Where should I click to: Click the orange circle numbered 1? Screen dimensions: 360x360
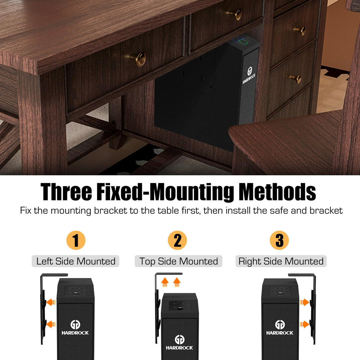coord(76,240)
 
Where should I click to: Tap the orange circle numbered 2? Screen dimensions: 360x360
coord(177,240)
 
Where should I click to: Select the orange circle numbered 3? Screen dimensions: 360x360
coord(279,240)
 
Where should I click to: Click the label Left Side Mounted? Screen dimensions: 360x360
coord(76,261)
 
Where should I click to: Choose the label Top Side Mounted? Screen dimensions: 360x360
coord(179,261)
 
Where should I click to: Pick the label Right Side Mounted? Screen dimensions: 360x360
coord(281,261)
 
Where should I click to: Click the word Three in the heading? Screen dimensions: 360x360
coord(66,192)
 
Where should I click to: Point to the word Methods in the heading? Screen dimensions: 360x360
coord(277,192)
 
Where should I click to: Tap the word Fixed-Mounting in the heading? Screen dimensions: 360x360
coord(166,192)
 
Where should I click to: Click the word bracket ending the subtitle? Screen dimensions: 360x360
coord(326,211)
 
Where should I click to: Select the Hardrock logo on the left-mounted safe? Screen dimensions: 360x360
coord(75,328)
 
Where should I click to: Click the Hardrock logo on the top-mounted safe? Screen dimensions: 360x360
coord(179,343)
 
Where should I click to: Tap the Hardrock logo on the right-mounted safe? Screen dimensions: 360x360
coord(280,328)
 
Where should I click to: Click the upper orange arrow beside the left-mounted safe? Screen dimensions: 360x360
coord(51,302)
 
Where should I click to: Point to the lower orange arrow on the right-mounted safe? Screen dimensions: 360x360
coord(304,324)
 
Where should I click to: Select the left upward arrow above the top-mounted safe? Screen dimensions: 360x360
coord(165,282)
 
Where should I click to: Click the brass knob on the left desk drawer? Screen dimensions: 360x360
coord(140,58)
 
